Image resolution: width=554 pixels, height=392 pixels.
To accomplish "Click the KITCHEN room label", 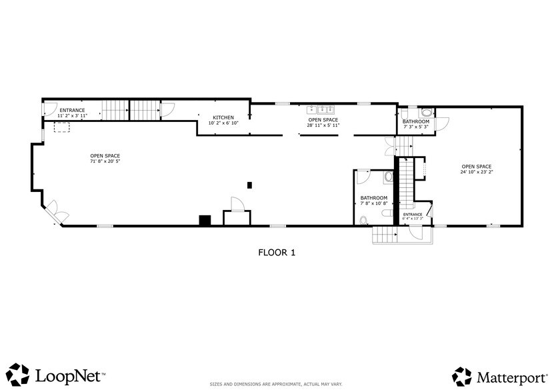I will tap(223, 117).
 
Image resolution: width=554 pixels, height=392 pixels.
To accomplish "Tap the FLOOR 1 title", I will tap(277, 253).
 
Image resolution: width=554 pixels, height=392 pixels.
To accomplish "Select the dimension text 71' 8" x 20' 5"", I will tap(105, 161).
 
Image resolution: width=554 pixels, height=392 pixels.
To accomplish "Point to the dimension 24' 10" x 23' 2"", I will tap(476, 172).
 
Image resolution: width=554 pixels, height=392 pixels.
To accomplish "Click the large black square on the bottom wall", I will tap(205, 220).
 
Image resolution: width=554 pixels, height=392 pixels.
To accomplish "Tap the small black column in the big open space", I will tap(249, 185).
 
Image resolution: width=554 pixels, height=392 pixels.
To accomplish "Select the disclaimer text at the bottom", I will tap(277, 384).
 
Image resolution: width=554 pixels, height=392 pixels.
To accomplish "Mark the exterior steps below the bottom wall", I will tap(383, 235).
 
